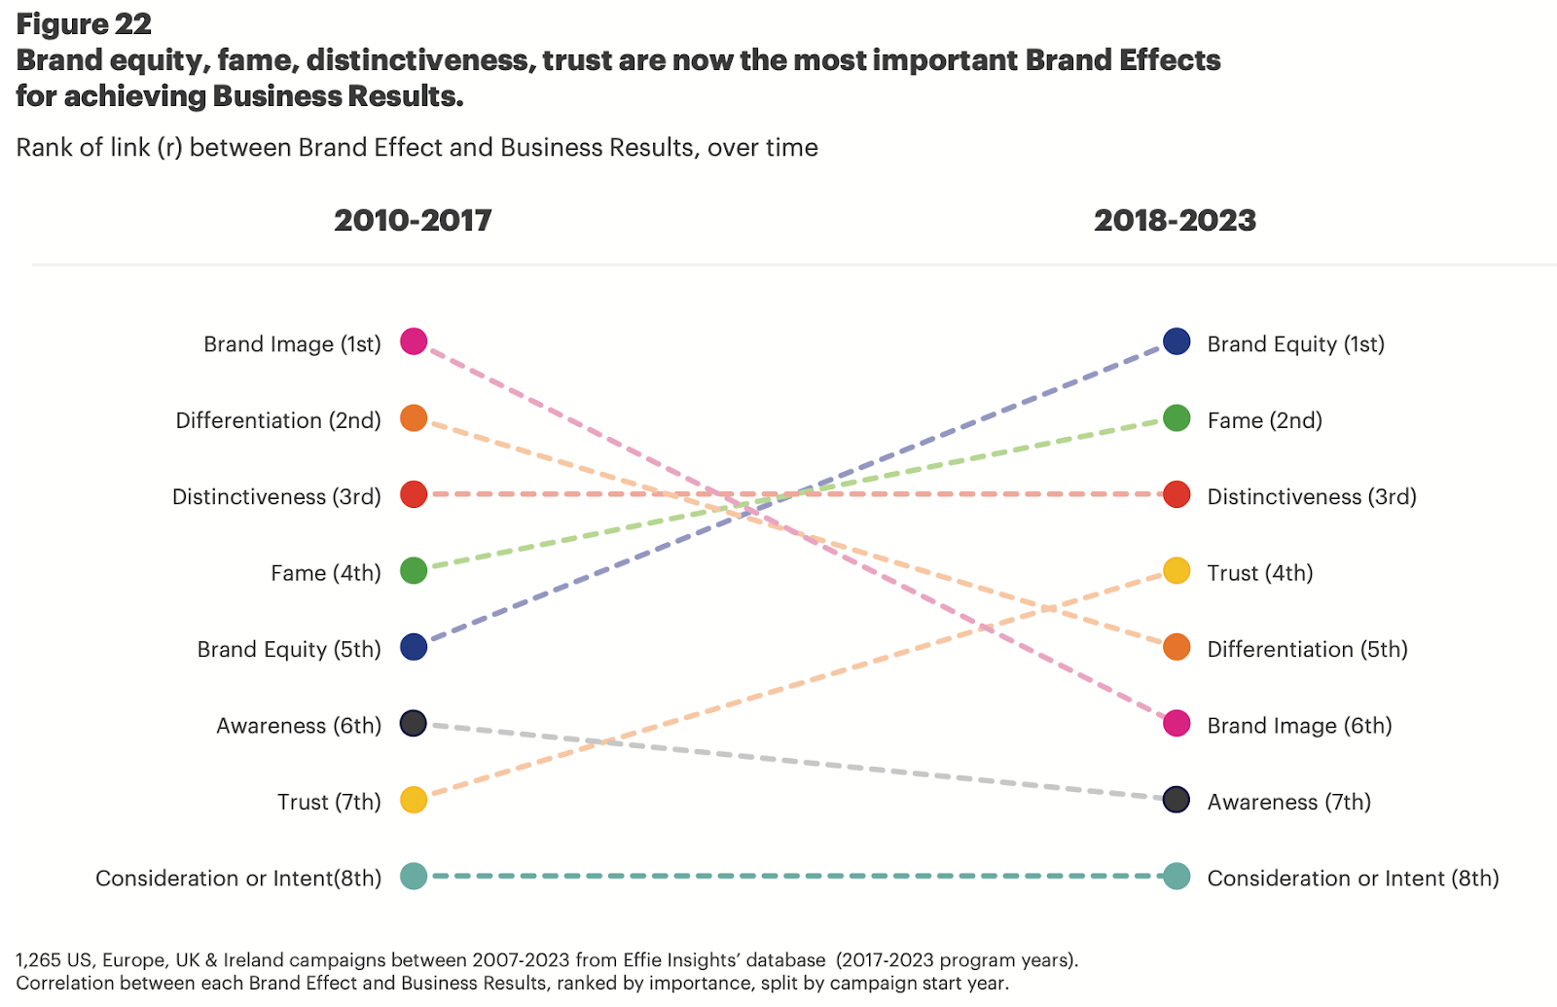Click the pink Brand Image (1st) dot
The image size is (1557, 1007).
[414, 342]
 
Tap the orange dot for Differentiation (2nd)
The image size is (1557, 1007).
[414, 418]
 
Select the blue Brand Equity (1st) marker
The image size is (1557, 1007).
[1177, 342]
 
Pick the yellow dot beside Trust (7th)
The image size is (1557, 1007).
[414, 800]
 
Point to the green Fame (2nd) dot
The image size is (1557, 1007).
[1177, 418]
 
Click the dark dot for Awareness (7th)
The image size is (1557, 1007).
[1177, 800]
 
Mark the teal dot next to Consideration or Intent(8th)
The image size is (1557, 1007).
[414, 876]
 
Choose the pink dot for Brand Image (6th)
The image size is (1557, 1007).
[1177, 723]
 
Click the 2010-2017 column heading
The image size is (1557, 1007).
[413, 220]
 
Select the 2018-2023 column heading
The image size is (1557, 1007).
[1175, 220]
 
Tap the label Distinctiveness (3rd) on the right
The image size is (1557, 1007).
[1311, 496]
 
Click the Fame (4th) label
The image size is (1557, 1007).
[325, 573]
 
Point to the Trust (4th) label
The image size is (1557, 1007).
[1259, 573]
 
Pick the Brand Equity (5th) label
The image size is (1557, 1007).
[288, 649]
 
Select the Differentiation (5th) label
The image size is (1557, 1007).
[1307, 649]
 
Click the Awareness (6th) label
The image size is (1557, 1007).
[298, 726]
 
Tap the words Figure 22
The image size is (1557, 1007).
[84, 23]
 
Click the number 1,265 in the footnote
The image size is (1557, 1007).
[38, 960]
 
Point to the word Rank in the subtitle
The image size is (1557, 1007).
[43, 147]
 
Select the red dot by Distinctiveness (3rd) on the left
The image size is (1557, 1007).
[414, 494]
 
